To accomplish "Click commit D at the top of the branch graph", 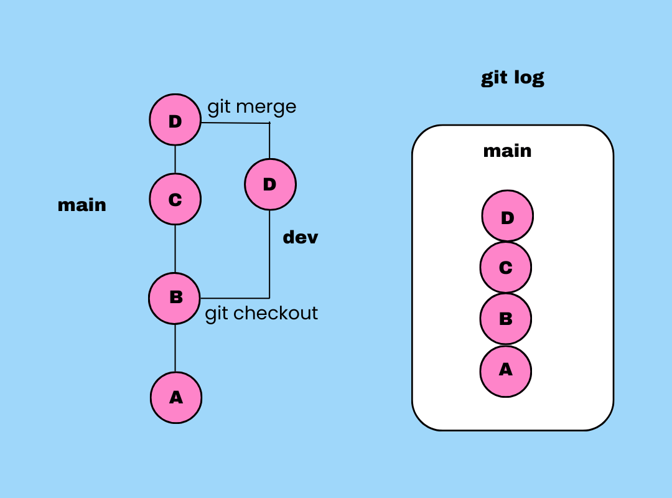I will tap(175, 120).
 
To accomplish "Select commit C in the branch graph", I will tap(175, 199).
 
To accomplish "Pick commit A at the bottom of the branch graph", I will tap(175, 397).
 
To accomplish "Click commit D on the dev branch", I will tap(269, 184).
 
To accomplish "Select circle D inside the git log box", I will tap(507, 217).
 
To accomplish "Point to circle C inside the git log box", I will tap(505, 268).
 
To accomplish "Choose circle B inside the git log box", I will tap(505, 319).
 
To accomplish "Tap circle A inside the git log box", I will tap(505, 370).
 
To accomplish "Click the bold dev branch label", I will tap(301, 237).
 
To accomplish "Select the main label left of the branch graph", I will tap(82, 205).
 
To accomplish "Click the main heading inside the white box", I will tap(507, 151).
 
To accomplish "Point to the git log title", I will tap(513, 78).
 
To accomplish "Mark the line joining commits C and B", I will tap(175, 249).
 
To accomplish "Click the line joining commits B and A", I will tap(175, 347).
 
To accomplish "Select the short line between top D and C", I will tap(175, 159).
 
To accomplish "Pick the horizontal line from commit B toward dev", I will tap(235, 298).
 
